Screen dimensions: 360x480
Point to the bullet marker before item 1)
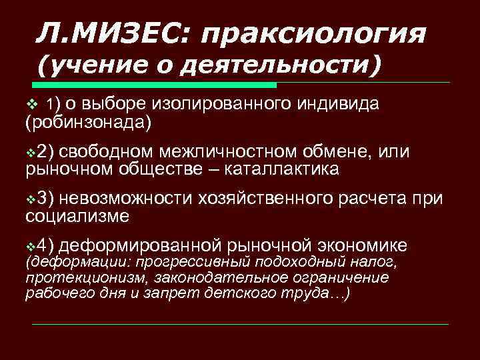pyautogui.click(x=29, y=105)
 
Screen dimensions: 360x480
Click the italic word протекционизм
pyautogui.click(x=71, y=277)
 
